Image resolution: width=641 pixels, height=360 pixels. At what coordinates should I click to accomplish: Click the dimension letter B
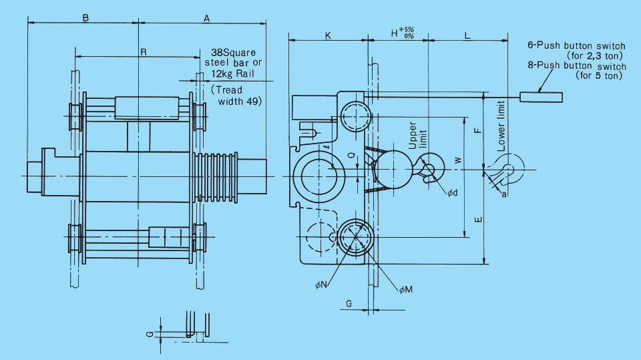(x=85, y=18)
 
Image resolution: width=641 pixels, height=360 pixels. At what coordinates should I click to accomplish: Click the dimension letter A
(x=207, y=19)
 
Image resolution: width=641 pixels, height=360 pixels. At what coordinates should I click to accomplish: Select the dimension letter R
(x=144, y=52)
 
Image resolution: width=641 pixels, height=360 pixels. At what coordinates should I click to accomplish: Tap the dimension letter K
(x=328, y=36)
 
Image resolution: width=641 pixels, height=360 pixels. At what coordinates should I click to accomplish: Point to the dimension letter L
(x=467, y=36)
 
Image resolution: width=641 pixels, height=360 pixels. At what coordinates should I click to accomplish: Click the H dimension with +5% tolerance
(x=403, y=33)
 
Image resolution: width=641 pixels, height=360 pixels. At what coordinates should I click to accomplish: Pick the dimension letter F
(x=477, y=130)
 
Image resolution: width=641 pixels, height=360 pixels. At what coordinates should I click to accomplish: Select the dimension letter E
(x=478, y=220)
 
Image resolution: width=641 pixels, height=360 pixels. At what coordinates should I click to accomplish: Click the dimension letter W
(x=458, y=160)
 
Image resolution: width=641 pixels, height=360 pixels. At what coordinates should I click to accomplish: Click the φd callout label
(x=453, y=192)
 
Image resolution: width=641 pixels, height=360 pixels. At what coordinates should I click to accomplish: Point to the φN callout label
(x=321, y=285)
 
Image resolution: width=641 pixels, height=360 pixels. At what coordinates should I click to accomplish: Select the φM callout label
(x=406, y=290)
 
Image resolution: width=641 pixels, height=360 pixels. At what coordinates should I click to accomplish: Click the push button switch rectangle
(x=542, y=97)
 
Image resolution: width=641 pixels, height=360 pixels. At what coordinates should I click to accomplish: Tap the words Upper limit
(x=417, y=135)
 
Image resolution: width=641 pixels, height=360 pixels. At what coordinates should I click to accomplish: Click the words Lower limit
(x=501, y=126)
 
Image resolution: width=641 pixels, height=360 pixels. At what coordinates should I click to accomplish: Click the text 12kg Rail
(x=232, y=73)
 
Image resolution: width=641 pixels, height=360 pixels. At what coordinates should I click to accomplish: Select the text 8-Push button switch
(x=577, y=66)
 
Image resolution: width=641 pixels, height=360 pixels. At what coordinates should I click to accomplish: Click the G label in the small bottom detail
(x=150, y=334)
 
